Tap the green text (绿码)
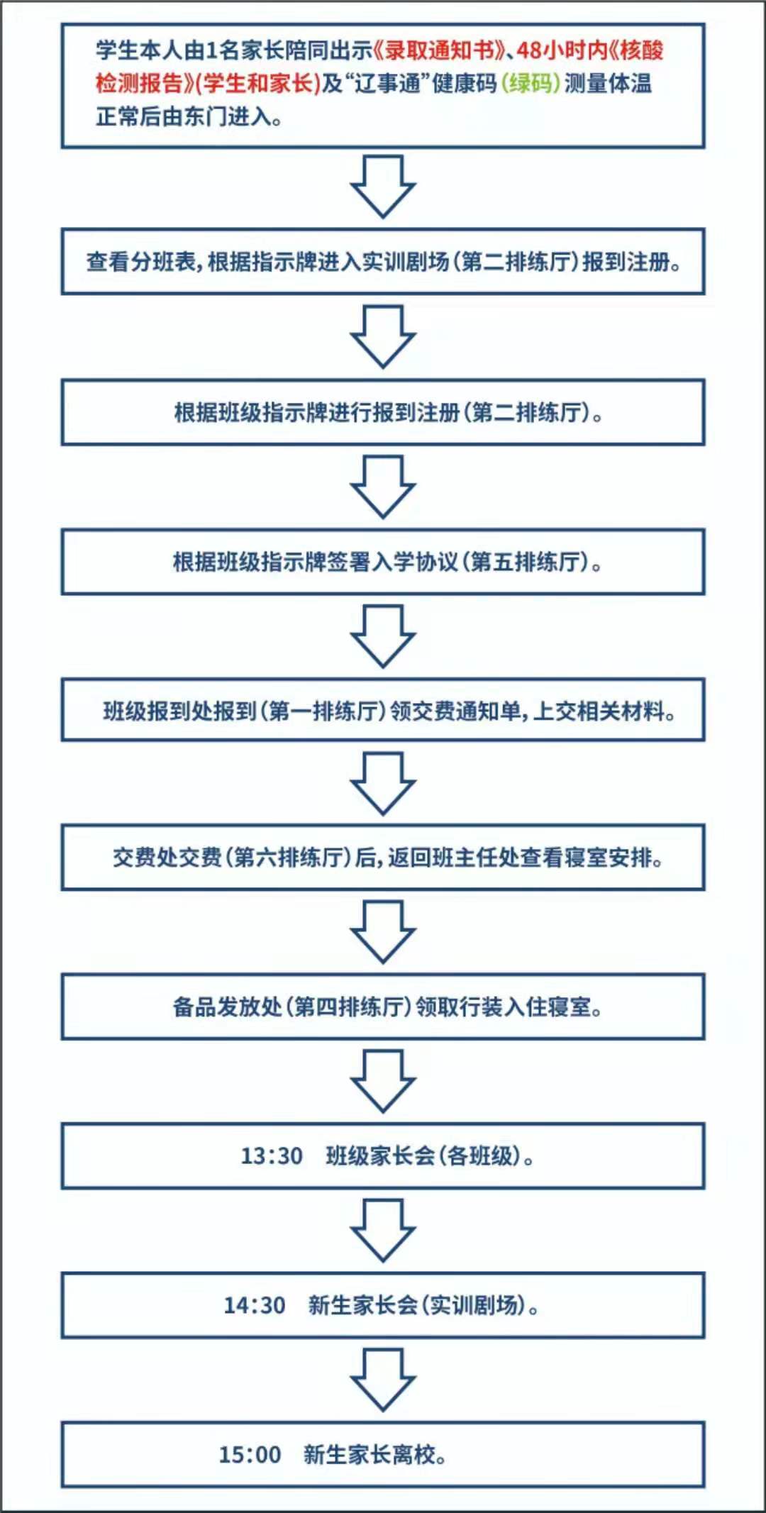pos(531,84)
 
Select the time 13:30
pos(272,1156)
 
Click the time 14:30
pos(255,1305)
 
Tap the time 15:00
pos(250,1455)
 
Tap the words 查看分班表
pos(140,262)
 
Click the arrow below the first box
pos(383,187)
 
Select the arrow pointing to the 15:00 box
pos(383,1380)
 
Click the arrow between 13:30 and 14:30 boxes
pos(383,1231)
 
